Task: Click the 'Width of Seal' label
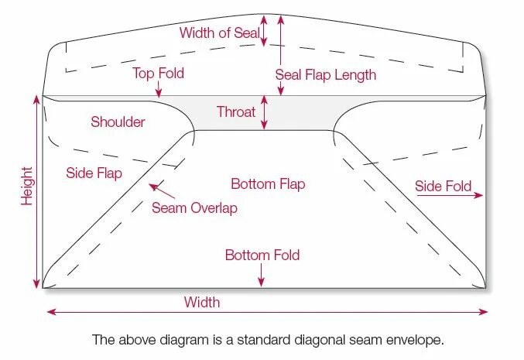pyautogui.click(x=219, y=33)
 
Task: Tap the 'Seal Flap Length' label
pyautogui.click(x=326, y=75)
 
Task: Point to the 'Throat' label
pyautogui.click(x=236, y=112)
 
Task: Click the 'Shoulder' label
pyautogui.click(x=118, y=122)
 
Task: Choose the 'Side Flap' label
pyautogui.click(x=94, y=173)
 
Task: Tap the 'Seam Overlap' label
pyautogui.click(x=194, y=208)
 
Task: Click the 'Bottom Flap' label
pyautogui.click(x=268, y=184)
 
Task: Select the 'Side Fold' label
pyautogui.click(x=443, y=187)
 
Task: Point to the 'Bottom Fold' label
pyautogui.click(x=262, y=255)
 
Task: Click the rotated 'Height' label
pyautogui.click(x=28, y=186)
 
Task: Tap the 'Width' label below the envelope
pyautogui.click(x=202, y=302)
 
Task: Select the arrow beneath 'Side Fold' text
pyautogui.click(x=449, y=197)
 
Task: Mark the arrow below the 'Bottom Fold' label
pyautogui.click(x=262, y=275)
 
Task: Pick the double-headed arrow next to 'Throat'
pyautogui.click(x=265, y=112)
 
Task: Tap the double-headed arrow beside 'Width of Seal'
pyautogui.click(x=265, y=32)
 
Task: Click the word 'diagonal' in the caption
pyautogui.click(x=315, y=340)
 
